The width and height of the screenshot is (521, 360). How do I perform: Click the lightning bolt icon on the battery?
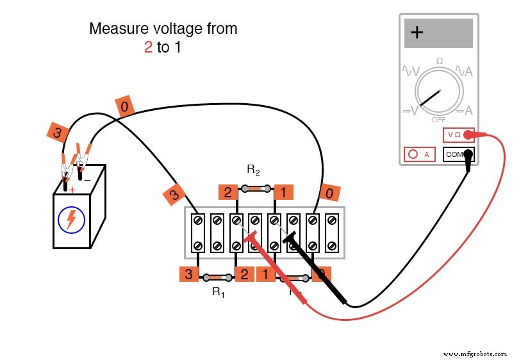coord(71,220)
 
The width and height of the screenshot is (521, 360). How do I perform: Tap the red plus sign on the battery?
coord(72,190)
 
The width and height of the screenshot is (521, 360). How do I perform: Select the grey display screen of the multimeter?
coord(438,33)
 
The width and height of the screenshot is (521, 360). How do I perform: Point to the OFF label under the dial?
coord(439,119)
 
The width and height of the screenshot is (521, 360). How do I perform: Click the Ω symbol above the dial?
coord(439,61)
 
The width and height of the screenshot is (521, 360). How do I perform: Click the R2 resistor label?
coord(253,170)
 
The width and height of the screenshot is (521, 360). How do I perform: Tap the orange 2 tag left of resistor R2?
coord(227,192)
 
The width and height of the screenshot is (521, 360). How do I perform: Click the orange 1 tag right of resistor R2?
coord(283,192)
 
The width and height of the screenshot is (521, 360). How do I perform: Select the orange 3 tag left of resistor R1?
coord(188,275)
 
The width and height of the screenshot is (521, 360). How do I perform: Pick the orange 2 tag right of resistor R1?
coord(244,275)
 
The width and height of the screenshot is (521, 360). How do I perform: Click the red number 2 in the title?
coord(148,47)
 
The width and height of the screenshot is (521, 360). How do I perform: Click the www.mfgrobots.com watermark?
coord(474,354)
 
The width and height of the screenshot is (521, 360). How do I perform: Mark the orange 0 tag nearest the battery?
coord(124,106)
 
